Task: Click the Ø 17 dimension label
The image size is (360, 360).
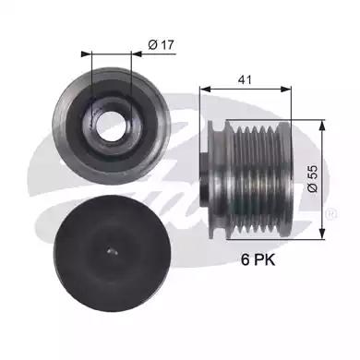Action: pyautogui.click(x=161, y=45)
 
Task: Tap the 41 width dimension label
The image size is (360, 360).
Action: pyautogui.click(x=245, y=79)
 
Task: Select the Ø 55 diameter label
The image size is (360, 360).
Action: pyautogui.click(x=312, y=179)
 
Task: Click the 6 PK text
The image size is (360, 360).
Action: pyautogui.click(x=258, y=260)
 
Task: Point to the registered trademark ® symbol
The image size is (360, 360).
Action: pyautogui.click(x=331, y=213)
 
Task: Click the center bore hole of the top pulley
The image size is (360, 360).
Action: pyautogui.click(x=111, y=126)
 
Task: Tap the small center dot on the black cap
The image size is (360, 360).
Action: pyautogui.click(x=113, y=251)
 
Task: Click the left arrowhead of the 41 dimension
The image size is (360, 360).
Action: pyautogui.click(x=205, y=90)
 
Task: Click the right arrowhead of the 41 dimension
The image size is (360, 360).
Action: pyautogui.click(x=286, y=90)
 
